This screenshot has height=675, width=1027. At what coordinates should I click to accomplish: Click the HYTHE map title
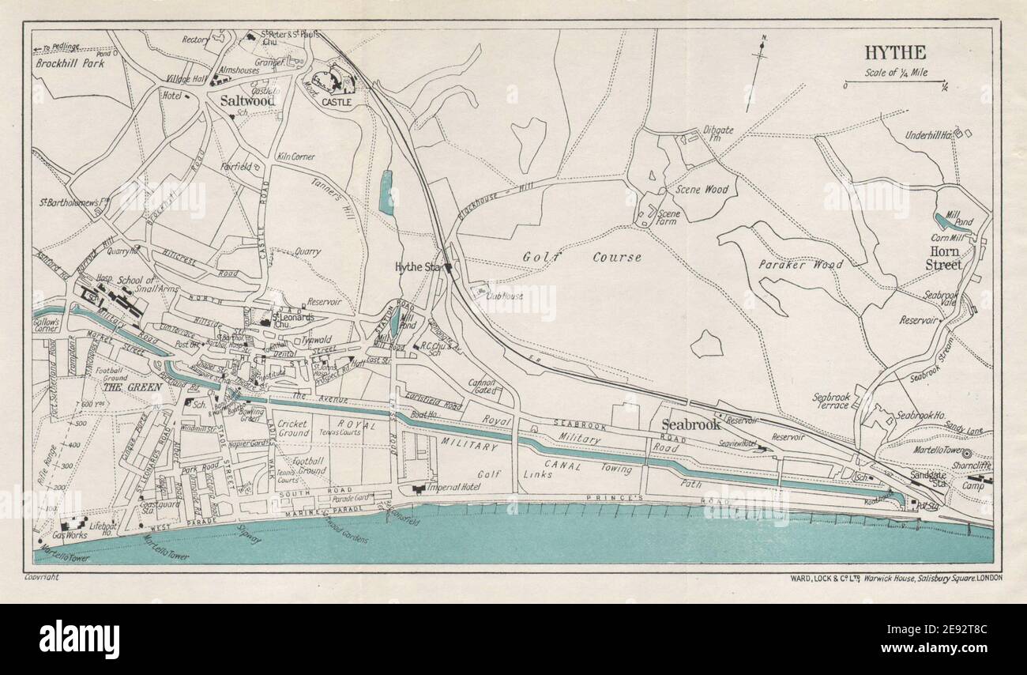point(895,53)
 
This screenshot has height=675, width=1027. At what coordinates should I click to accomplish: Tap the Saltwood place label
point(247,101)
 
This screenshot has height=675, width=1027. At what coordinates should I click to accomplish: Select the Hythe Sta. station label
point(419,268)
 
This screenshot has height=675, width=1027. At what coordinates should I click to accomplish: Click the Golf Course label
point(581,257)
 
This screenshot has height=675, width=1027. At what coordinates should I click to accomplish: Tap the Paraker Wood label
point(800,265)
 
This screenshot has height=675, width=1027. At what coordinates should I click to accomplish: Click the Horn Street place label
point(944,258)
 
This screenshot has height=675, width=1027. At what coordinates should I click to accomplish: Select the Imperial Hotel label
point(453,487)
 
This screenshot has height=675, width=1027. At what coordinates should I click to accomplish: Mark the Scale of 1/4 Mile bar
point(895,81)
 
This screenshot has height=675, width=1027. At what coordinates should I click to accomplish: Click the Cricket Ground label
point(293,429)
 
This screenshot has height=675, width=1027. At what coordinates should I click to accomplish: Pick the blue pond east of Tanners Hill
point(386,192)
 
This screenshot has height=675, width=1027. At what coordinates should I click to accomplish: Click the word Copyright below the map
point(42,577)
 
